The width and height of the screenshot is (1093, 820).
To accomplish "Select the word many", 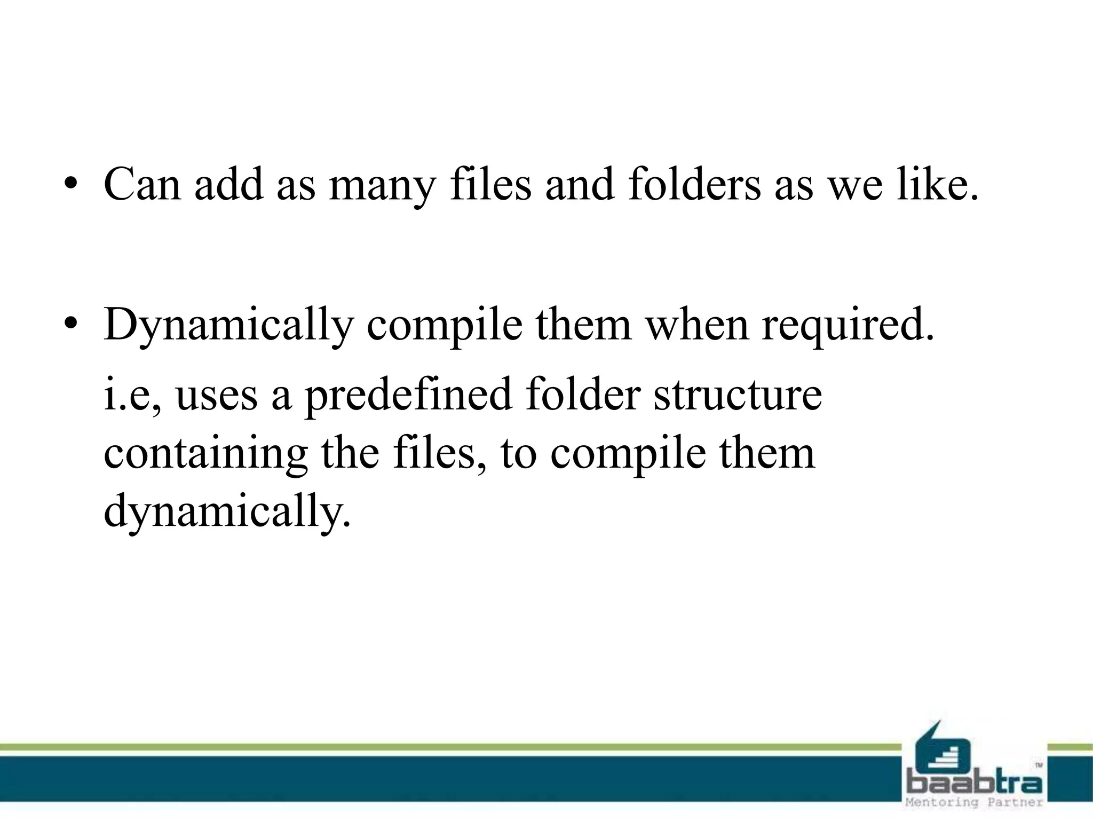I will coord(382,185).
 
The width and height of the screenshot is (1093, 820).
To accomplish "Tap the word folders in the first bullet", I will coord(694,184).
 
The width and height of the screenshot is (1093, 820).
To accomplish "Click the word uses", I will coord(216,396).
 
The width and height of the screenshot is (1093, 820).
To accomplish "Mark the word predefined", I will coord(408,396).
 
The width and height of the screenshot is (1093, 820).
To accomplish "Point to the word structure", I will coord(738,395).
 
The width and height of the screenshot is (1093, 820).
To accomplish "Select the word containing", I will coord(205,454).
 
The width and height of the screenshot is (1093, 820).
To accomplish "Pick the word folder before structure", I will coord(583,395).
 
